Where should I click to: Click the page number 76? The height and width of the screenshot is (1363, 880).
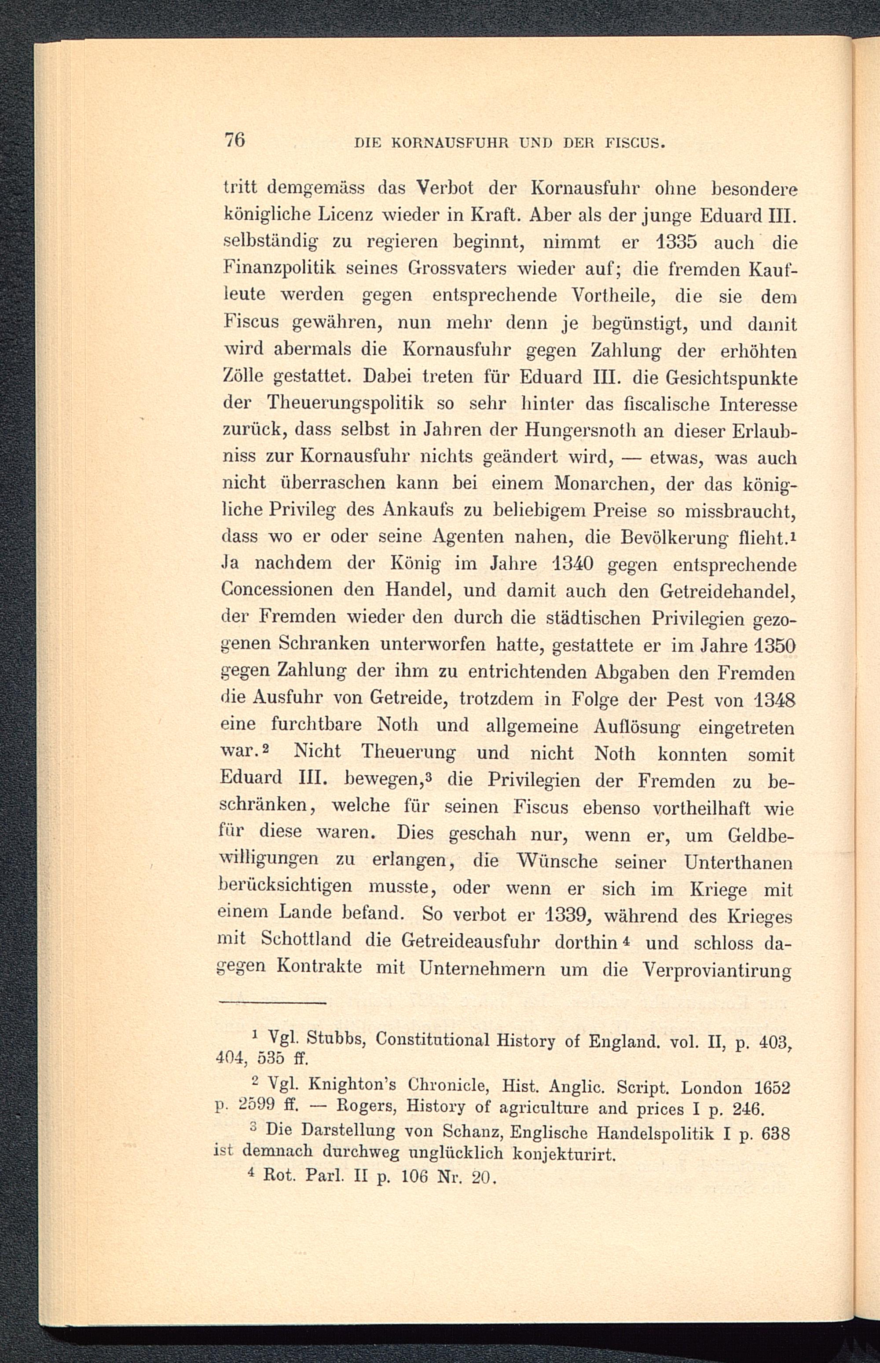click(x=235, y=139)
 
